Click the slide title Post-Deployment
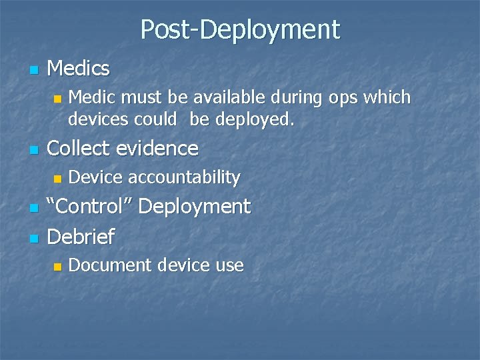(x=240, y=29)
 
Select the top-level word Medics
(x=79, y=67)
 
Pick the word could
(x=153, y=121)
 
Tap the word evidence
(x=159, y=147)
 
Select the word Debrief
(x=81, y=235)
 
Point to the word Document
(x=110, y=265)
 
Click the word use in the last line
(x=229, y=266)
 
